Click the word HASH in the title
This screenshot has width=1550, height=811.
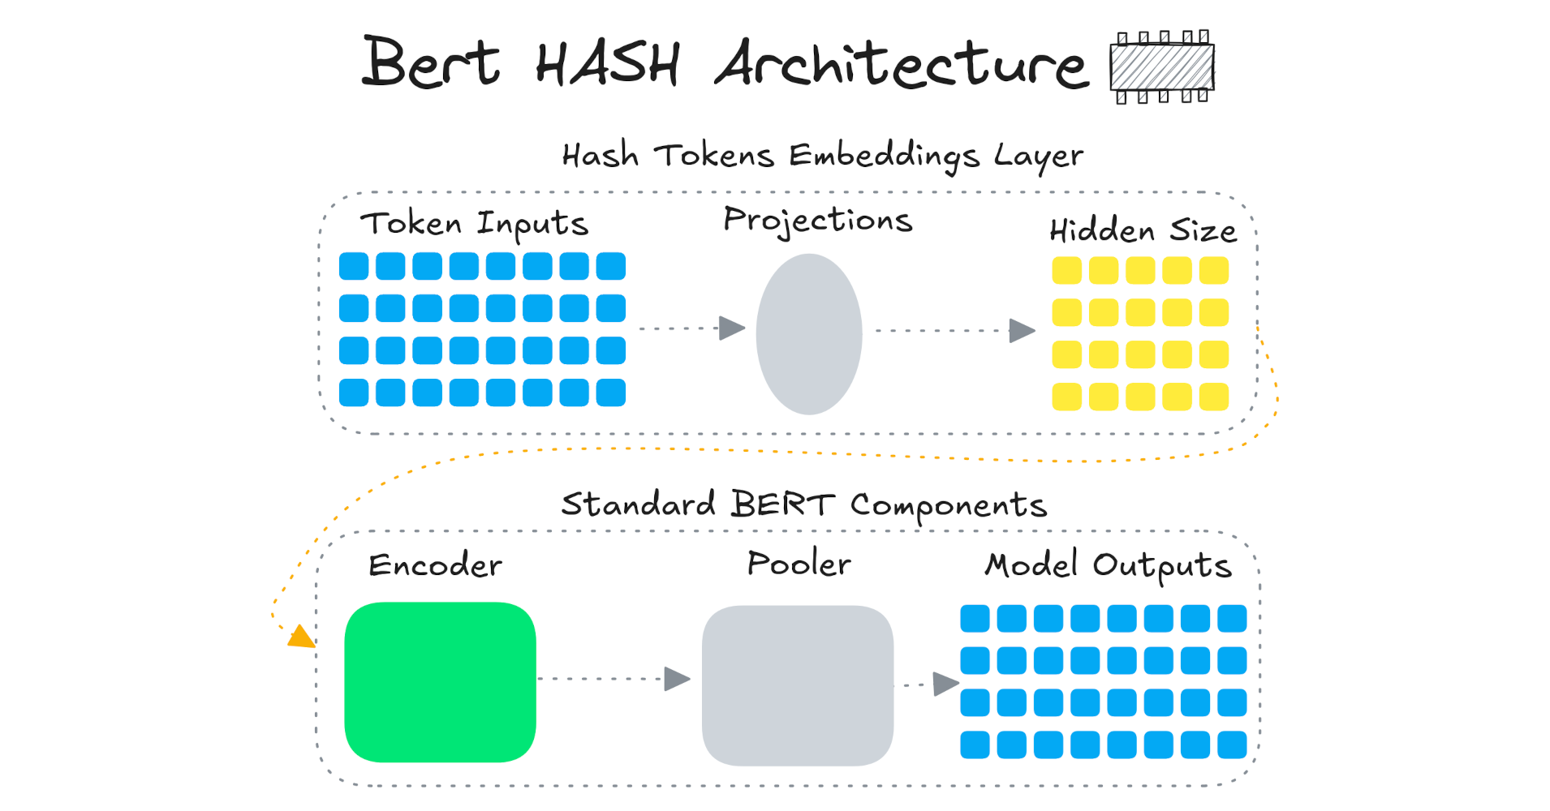(x=607, y=64)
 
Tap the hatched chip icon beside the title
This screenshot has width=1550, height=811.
(x=1161, y=67)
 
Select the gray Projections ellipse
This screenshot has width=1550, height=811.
(x=808, y=334)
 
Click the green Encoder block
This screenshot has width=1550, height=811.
(x=440, y=682)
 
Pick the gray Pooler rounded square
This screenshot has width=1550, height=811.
(x=797, y=685)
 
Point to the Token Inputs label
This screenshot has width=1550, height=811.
(x=474, y=223)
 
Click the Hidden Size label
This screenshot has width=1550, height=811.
(x=1143, y=231)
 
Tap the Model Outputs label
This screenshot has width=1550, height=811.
(x=1108, y=565)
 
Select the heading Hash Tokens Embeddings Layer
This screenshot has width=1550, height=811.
(x=822, y=155)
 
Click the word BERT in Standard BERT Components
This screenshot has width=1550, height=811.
(x=782, y=504)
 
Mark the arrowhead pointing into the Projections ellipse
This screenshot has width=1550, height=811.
(x=732, y=328)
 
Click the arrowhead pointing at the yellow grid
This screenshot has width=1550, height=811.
(x=1022, y=331)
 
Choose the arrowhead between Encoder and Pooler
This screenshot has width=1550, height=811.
(x=677, y=679)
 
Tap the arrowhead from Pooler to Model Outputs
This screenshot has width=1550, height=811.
(x=945, y=684)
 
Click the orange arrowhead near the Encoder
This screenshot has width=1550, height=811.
(x=301, y=637)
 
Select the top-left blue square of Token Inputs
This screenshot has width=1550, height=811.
(x=354, y=266)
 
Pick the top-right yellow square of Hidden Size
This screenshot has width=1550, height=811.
(x=1213, y=271)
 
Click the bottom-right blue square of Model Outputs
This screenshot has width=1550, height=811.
(x=1232, y=744)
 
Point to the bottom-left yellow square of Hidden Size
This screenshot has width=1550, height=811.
(x=1066, y=397)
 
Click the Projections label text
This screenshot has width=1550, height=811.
(x=817, y=220)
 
